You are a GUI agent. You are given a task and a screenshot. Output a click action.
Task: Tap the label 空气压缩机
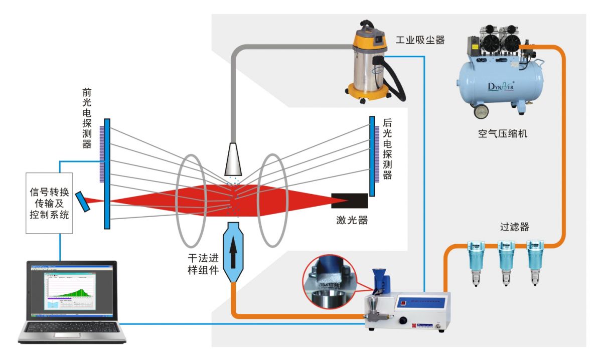pos(503,134)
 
